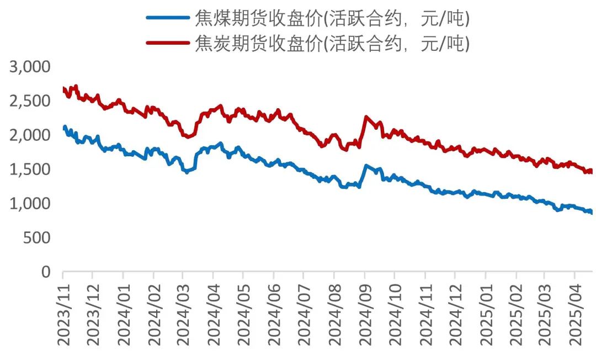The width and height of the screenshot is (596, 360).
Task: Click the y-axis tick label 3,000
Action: coord(30,67)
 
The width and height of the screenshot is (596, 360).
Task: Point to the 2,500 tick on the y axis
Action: coord(30,101)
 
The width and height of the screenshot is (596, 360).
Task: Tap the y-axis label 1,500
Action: coord(30,170)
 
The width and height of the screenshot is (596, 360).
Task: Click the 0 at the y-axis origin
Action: coord(46,272)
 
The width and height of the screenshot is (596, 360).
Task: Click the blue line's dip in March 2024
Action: coord(186,172)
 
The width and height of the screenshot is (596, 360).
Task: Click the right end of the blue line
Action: coord(592,212)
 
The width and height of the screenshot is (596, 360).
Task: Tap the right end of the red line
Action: coord(592,171)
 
